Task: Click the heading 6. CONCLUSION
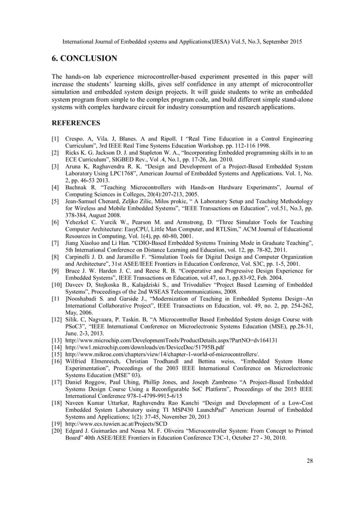[x=85, y=59]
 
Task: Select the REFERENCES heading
[x=76, y=122]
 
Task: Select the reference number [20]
[x=57, y=431]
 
